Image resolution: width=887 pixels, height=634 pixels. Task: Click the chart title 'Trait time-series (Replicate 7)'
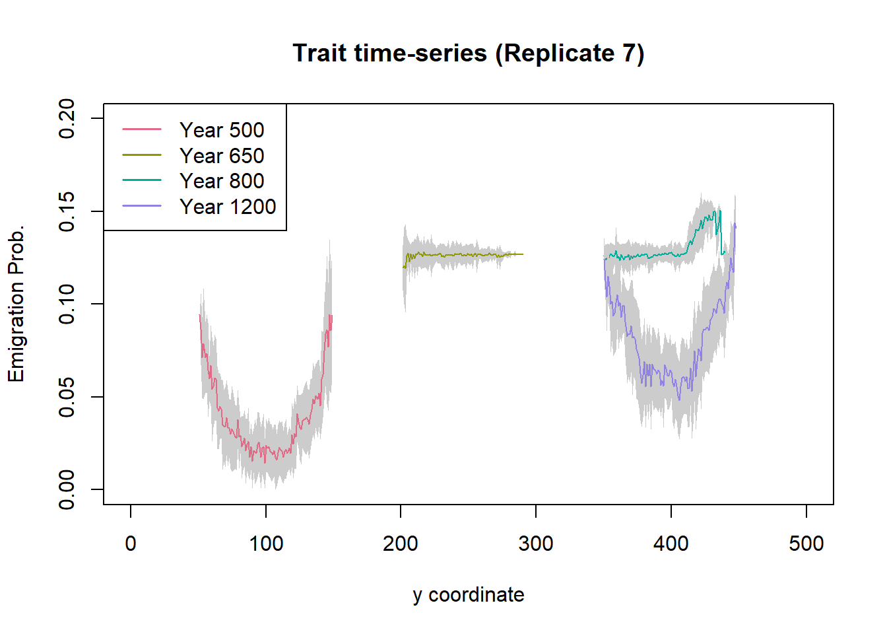(x=468, y=53)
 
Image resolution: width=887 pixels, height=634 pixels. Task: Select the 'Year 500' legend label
(x=222, y=130)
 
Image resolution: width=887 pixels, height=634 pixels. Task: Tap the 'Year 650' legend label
(x=222, y=156)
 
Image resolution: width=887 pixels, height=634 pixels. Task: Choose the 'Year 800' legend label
(x=222, y=181)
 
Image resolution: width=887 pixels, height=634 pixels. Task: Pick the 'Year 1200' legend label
(x=228, y=207)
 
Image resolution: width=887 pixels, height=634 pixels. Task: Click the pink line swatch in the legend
(x=142, y=130)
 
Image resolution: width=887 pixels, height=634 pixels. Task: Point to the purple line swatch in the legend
(x=142, y=206)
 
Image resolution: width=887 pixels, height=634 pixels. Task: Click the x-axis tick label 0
(x=131, y=544)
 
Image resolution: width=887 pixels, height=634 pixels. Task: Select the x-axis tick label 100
(x=266, y=544)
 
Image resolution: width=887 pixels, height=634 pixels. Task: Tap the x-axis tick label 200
(x=401, y=544)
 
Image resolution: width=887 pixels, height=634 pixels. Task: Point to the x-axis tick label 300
(x=536, y=544)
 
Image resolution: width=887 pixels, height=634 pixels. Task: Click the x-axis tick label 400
(x=671, y=544)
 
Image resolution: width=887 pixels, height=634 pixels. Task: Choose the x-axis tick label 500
(x=806, y=544)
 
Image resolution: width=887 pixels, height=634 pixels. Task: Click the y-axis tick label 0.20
(x=67, y=119)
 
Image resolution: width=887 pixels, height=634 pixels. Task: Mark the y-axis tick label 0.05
(x=67, y=397)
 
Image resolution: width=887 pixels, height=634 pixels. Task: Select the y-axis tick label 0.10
(x=67, y=304)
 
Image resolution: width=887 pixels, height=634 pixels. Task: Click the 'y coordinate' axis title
(x=468, y=595)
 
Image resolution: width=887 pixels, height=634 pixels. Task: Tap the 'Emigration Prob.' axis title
(x=16, y=304)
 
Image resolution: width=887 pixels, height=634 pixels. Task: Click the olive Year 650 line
(x=462, y=254)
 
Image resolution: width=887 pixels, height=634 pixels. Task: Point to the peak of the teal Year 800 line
(x=719, y=211)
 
